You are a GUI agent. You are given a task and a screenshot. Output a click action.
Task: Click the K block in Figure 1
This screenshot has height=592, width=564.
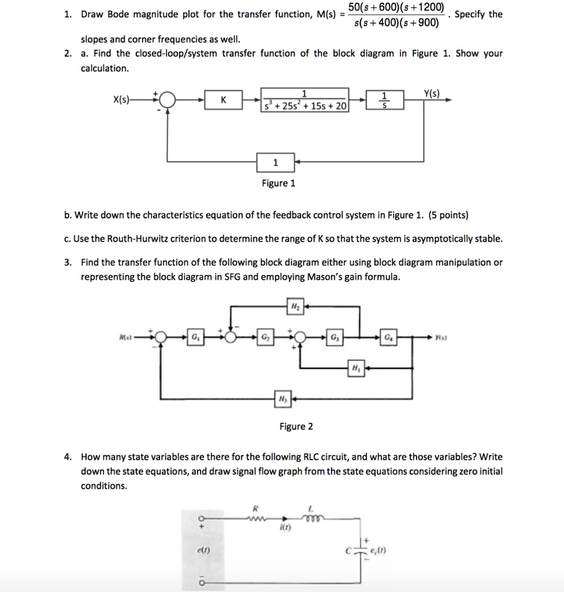(223, 101)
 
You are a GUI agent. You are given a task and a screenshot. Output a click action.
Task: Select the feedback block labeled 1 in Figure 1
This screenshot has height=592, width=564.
(275, 163)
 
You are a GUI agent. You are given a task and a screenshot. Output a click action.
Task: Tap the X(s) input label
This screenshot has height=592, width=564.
(123, 99)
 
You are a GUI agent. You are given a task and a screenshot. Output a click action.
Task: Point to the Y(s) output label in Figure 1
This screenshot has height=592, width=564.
(432, 92)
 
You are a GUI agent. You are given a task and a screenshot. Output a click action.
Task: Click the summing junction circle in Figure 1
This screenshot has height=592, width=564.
(167, 100)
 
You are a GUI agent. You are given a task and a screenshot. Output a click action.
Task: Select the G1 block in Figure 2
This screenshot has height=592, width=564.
(194, 336)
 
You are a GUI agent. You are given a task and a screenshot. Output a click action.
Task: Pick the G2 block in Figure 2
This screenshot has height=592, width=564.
(265, 336)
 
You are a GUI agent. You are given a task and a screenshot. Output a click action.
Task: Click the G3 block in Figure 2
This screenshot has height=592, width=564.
(336, 336)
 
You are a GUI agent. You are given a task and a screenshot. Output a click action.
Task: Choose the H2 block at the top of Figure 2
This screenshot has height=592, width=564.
(295, 306)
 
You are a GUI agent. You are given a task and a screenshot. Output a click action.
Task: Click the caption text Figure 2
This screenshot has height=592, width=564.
(296, 427)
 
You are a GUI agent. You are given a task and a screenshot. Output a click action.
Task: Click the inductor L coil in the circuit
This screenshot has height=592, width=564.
(310, 518)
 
